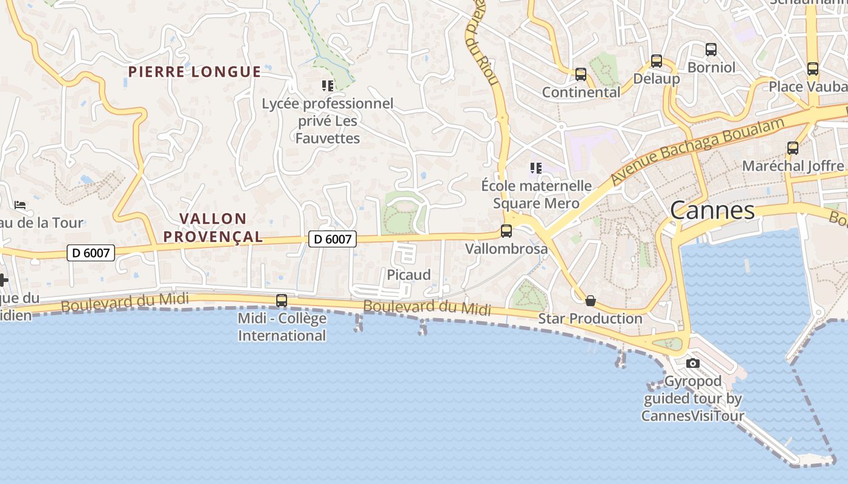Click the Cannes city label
(712, 211)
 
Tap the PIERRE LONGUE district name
(194, 72)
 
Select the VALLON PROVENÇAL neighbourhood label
(213, 227)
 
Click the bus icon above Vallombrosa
(506, 231)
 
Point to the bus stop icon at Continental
(580, 74)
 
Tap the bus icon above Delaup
(656, 60)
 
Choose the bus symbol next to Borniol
(711, 50)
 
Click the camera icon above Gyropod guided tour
(693, 363)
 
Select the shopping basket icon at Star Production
(590, 301)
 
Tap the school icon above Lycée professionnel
(328, 86)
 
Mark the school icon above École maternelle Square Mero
(535, 168)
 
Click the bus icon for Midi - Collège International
(281, 300)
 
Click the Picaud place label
(409, 275)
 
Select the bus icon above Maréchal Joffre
(792, 148)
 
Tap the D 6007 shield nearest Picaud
(333, 239)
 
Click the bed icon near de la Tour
(20, 205)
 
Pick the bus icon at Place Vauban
(812, 69)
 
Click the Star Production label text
(590, 318)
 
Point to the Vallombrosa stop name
(506, 249)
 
